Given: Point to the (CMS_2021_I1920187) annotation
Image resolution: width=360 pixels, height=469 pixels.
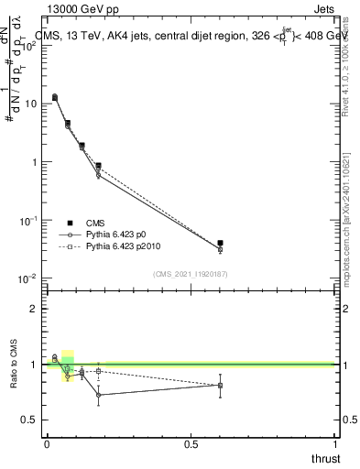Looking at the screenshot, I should pos(191,273).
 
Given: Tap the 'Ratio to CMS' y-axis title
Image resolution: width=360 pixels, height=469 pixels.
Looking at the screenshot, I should pos(15,365).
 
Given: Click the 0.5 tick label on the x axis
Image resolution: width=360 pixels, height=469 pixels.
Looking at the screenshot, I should pos(191,444).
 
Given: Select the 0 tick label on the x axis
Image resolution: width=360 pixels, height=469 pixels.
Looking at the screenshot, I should pos(47,444).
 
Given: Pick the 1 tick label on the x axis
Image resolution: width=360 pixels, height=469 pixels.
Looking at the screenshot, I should pos(334,444).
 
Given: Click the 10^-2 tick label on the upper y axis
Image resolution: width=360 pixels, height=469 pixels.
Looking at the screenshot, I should pos(28,278).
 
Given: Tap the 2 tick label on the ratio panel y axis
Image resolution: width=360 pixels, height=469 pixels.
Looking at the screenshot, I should pos(33,309).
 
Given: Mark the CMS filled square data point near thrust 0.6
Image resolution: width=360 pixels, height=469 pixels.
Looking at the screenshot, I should pos(220,243).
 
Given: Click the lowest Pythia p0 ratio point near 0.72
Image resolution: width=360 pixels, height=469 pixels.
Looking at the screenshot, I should pos(98,395).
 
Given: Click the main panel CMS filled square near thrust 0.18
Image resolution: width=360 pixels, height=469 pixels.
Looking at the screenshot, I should pos(98,166).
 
